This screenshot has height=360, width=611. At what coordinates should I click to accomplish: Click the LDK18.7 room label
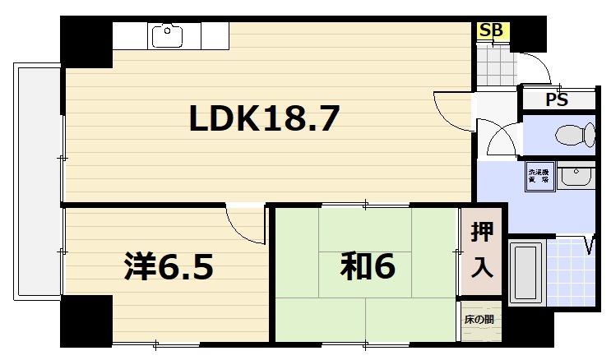pos(264,120)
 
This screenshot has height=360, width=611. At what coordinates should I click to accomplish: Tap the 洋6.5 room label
pos(169,266)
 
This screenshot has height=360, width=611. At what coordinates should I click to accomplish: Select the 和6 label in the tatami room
pos(369,266)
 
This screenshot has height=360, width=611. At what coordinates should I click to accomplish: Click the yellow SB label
pos(492,30)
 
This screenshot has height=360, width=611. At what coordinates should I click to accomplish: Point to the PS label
pos(557,100)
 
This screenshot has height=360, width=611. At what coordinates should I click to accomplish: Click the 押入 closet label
pos(482,250)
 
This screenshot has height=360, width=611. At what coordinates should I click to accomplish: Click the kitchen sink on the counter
pos(167,35)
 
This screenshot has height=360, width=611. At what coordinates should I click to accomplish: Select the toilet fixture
pos(574,134)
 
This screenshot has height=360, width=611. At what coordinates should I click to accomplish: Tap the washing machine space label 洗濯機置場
pos(539,176)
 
